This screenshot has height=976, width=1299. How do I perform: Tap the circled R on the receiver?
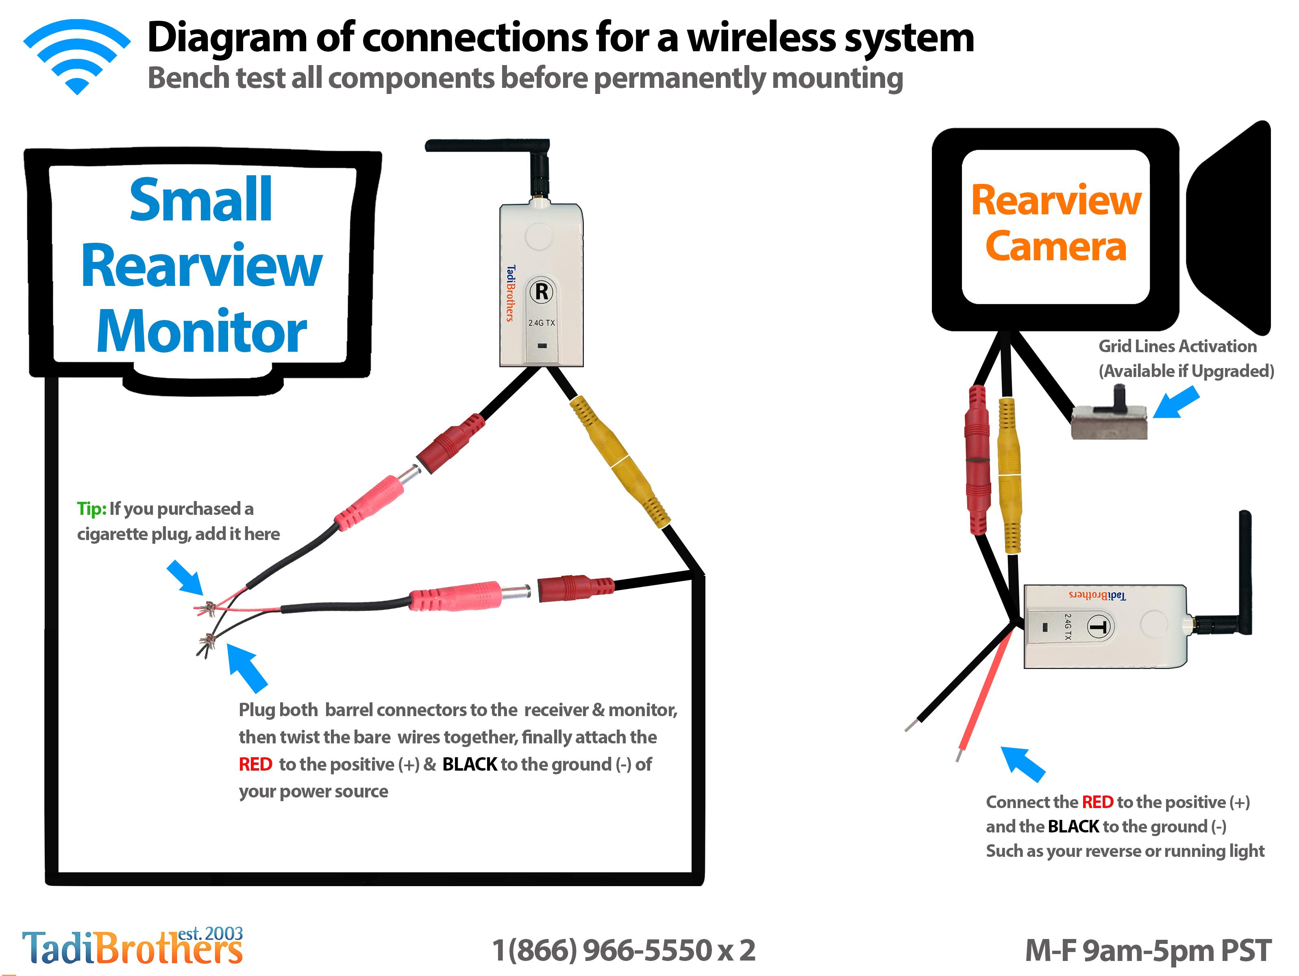pos(542,291)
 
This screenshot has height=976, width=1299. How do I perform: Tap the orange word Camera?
pos(1056,246)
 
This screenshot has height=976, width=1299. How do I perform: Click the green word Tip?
pos(91,509)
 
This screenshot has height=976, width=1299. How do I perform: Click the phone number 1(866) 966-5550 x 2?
pos(624,950)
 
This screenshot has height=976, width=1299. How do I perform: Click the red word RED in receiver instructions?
pos(255,764)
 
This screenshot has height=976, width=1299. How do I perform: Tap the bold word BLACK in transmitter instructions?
pos(1073,826)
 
